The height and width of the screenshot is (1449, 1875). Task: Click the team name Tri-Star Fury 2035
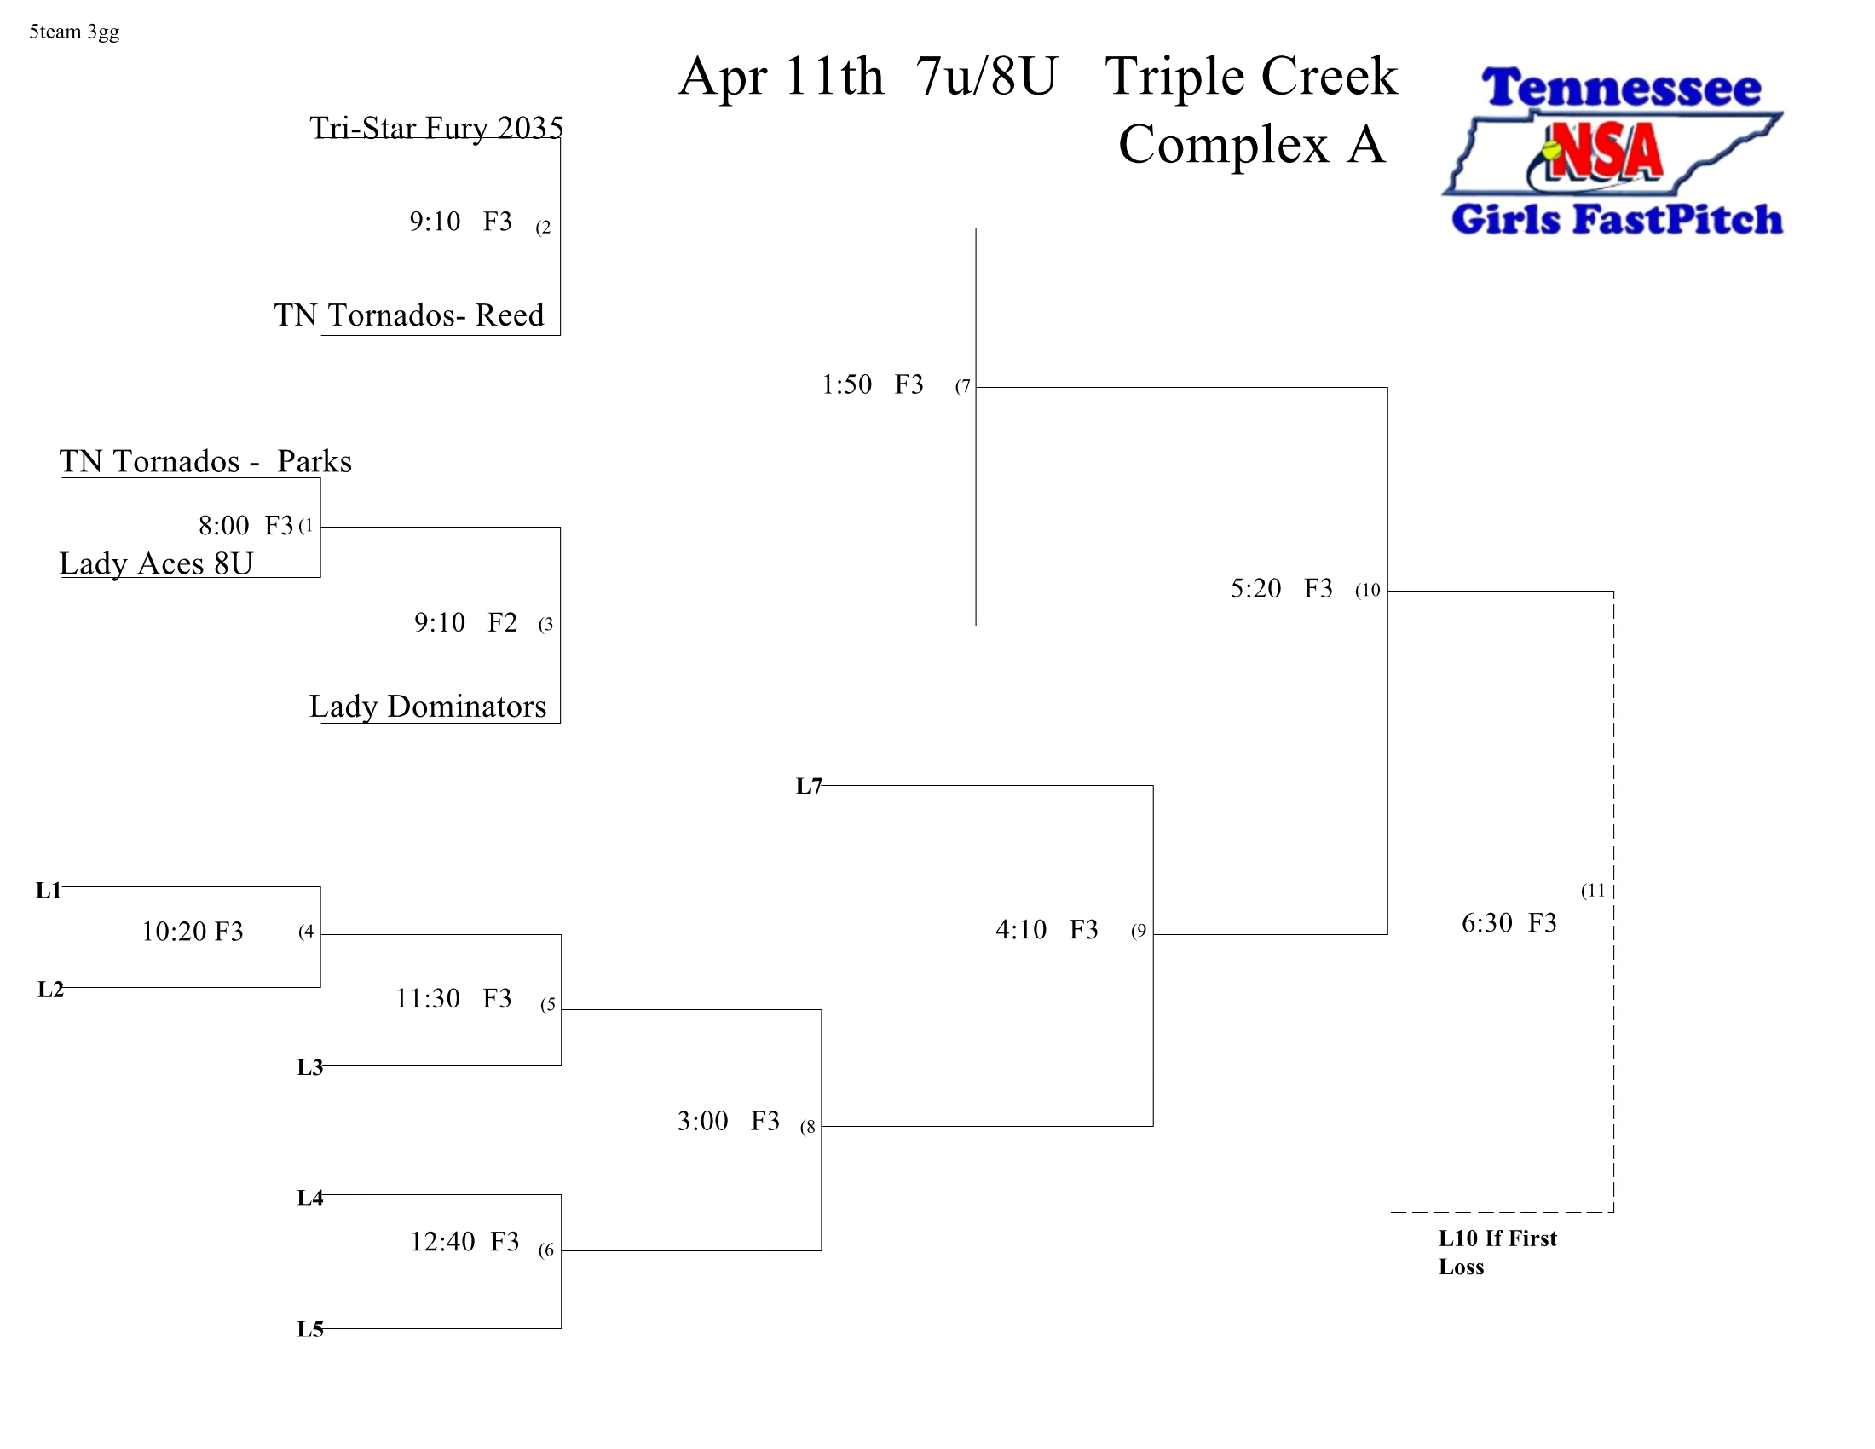coord(436,128)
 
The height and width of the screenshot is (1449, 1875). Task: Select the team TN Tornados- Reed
coord(408,315)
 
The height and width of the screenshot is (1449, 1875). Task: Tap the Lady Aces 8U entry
coord(156,563)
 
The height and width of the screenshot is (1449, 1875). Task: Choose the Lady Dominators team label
coord(428,707)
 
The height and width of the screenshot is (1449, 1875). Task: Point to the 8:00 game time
coord(223,525)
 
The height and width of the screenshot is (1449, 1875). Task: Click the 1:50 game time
coord(846,384)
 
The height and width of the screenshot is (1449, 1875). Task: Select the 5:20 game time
coord(1255,589)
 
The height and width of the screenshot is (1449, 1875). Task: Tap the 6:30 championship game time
coord(1486,923)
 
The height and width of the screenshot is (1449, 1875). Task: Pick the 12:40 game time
coord(442,1241)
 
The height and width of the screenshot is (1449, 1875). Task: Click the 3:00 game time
coord(702,1121)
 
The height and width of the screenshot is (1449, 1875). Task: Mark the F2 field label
coord(502,622)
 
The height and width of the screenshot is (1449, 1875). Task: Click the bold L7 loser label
coord(809,787)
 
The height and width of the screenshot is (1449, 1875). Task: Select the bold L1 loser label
coord(49,890)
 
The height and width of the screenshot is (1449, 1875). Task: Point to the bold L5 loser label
coord(310,1330)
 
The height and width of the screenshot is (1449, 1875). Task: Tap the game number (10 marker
coord(1368,591)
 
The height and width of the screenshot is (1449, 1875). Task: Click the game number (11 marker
coord(1593,891)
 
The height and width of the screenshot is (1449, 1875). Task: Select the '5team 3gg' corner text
coord(74,32)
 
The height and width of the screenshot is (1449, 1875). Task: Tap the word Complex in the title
coord(1223,144)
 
